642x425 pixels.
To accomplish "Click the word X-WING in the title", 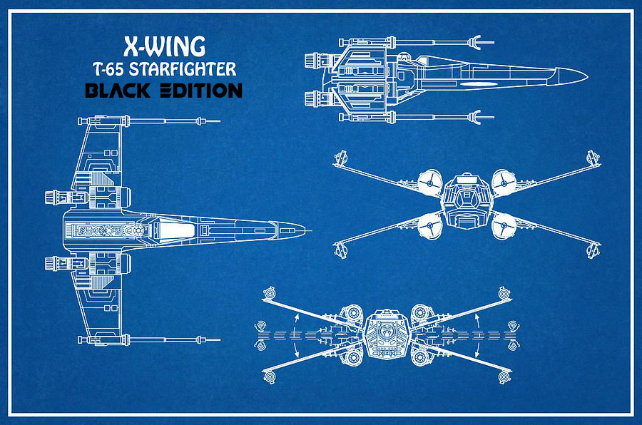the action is [x=164, y=46].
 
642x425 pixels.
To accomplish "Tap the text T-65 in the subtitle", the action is [x=108, y=69].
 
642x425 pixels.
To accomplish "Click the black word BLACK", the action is [x=118, y=91].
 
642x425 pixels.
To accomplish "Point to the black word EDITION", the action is [x=201, y=91].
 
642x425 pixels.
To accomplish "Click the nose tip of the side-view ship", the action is [x=588, y=76].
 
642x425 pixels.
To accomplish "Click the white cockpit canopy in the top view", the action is [x=171, y=228].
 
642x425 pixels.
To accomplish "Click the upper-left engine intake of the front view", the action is [x=430, y=182].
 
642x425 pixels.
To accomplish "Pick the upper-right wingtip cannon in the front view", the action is [x=593, y=158].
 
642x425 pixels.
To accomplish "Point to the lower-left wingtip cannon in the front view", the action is [x=340, y=250].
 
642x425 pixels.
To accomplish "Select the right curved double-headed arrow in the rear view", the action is [x=477, y=335].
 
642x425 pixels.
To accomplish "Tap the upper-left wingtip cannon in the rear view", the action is [x=270, y=293].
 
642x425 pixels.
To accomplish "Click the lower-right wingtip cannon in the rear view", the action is [x=504, y=377].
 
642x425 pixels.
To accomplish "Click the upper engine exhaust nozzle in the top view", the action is [x=53, y=198].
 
